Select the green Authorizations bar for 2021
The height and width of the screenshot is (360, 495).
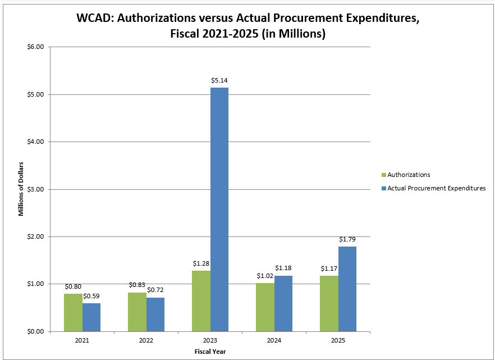coord(73,312)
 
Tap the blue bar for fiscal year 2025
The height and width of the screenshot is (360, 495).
coord(347,289)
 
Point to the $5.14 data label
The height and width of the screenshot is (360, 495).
coord(219,81)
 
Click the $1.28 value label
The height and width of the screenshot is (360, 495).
coord(201,263)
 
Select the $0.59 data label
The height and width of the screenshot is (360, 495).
coord(91,296)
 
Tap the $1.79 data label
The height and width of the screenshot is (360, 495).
coord(347,239)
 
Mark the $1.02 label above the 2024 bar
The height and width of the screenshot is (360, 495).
coord(265,276)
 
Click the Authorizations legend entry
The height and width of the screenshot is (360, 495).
coord(409,175)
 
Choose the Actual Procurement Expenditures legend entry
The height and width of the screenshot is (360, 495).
coord(436,188)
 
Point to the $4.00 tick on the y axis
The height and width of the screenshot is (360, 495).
coord(35,142)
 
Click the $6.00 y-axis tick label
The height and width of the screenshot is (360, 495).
coord(35,47)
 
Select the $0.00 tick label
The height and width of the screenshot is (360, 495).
coord(35,331)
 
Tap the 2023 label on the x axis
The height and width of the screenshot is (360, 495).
coord(210,341)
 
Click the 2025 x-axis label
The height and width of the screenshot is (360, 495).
coord(338,341)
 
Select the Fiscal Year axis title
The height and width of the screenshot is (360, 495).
coord(210,352)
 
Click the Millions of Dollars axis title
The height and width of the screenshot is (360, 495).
coord(21,189)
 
